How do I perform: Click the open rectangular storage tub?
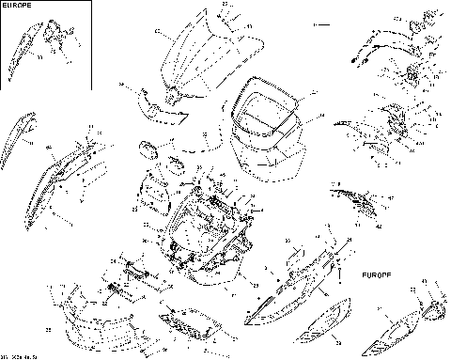pyautogui.click(x=268, y=127)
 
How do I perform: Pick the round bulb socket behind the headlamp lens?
pyautogui.click(x=434, y=311)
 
